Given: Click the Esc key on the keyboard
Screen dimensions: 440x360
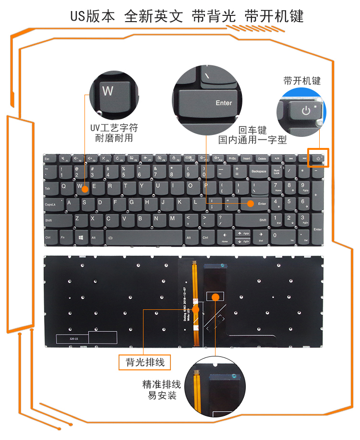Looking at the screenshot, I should coord(48,158).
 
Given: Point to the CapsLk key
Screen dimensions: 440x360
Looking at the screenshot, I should coord(52,204).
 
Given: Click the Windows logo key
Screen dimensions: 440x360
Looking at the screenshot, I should coord(80,237).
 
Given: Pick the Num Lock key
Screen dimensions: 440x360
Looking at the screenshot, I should coord(276,172).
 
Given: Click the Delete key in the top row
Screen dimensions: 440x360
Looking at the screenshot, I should coord(262,158).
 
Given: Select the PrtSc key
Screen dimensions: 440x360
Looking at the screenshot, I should coord(233,158).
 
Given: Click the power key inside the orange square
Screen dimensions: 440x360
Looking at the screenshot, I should coord(318,158).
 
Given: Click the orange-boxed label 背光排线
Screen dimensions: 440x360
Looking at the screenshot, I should coord(145,363).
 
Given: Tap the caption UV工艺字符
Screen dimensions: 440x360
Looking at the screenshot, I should coord(114,129).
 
